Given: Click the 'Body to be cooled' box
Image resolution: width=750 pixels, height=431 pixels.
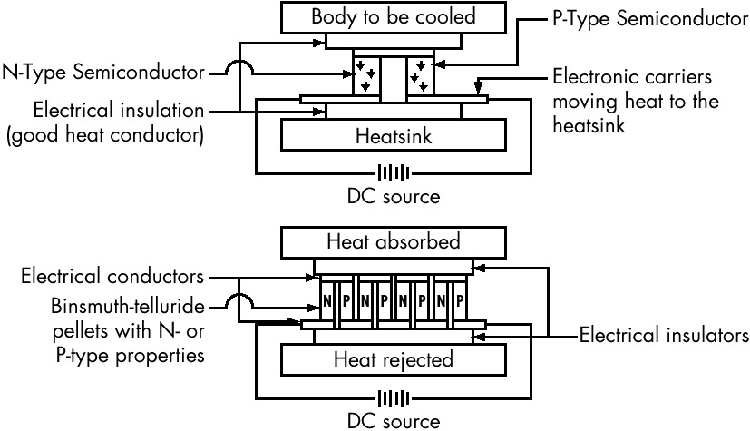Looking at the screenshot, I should (393, 17).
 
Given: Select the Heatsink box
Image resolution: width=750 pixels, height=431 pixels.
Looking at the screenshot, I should (392, 136).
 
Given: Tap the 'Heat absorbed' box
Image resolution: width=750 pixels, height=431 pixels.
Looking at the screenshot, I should (393, 242).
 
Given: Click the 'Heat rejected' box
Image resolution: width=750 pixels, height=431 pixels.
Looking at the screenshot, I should (392, 360).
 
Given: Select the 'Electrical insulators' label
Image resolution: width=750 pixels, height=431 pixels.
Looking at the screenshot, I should (661, 334).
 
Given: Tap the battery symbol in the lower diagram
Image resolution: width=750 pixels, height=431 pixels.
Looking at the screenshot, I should (393, 397).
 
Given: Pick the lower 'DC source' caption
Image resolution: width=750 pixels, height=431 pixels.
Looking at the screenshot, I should (393, 421).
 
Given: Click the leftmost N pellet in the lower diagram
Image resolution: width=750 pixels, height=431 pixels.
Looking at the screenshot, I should (327, 299).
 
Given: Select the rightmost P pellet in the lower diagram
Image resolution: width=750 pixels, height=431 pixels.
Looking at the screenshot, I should (459, 299).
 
